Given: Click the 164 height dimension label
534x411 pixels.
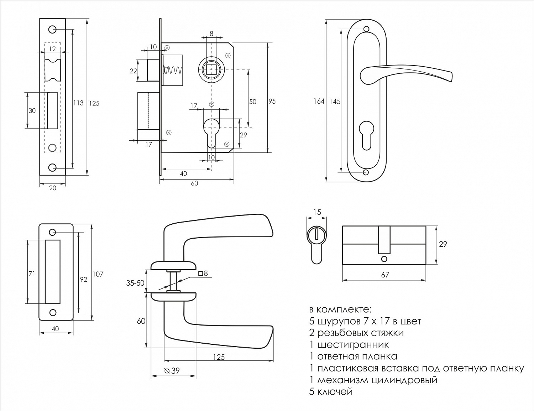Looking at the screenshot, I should pos(319,102).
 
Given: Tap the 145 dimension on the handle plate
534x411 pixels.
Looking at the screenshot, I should pos(335,102).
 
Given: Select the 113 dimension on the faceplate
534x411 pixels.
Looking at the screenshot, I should pos(78,103).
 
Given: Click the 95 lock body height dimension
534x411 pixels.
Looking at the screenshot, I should pos(272,102).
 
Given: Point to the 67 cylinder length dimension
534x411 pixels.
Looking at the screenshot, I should pos(385,275).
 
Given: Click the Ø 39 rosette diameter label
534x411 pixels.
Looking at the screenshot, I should pos(172,371).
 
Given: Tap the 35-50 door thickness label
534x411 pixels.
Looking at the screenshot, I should pos(135,283).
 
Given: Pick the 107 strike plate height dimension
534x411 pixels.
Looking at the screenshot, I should pos(98,274).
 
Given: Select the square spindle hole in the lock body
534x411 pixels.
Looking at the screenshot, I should pos(211,68).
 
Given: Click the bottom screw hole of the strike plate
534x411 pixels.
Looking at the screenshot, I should pos(53,313).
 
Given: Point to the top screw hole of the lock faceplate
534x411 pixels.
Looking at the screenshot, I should pos(52,30).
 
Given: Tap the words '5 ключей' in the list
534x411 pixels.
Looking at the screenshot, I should pos(331,392).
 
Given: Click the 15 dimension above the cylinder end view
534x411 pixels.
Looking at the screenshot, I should pos(317,212).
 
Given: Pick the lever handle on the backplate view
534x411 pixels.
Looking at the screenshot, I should pos(406,73).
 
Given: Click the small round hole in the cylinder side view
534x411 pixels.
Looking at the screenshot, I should pos(384,259).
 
